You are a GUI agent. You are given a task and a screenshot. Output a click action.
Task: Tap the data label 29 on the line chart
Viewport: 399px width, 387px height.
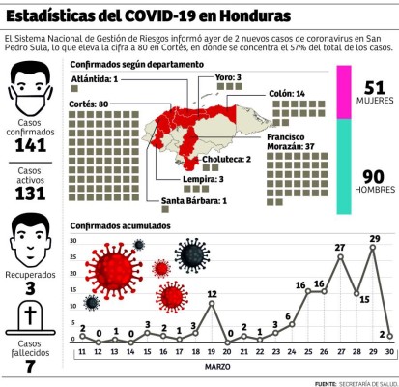point(375,237)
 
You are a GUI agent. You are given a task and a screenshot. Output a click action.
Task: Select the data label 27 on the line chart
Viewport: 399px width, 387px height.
point(341,248)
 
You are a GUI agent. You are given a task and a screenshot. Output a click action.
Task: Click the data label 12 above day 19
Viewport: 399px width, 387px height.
point(212,292)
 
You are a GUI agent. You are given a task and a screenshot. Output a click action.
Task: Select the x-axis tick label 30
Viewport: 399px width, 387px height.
point(389,352)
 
